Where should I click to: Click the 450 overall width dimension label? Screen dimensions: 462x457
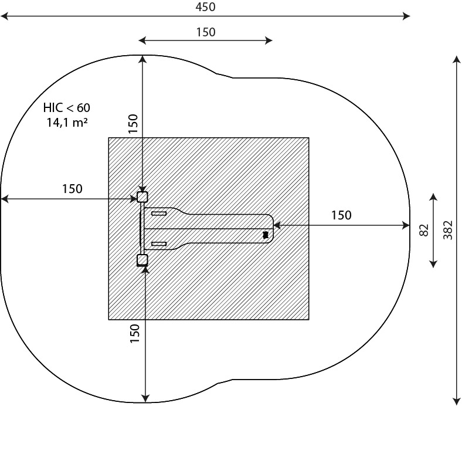(205, 7)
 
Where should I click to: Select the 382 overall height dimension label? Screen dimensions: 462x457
(447, 230)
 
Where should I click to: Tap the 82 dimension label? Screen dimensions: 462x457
(423, 231)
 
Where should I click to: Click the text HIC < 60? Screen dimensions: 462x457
(67, 107)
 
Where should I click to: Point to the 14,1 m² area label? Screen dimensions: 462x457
(67, 122)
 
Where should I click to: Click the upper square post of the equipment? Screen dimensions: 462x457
(142, 197)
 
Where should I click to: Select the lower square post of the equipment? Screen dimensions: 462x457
(142, 260)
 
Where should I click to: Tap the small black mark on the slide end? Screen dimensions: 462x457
(266, 235)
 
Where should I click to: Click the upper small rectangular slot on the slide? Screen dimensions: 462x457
(159, 213)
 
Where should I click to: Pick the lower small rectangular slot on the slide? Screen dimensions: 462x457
(159, 244)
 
